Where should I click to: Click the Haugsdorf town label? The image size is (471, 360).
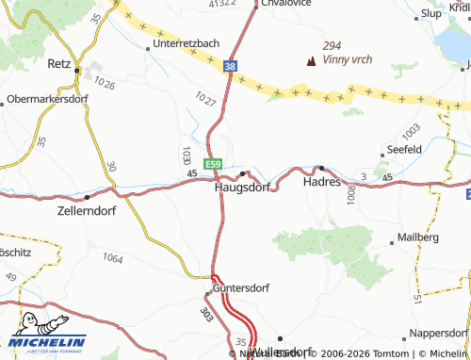242,187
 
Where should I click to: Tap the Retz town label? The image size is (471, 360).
59,64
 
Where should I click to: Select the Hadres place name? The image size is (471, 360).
321,183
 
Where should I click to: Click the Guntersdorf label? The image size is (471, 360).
242,287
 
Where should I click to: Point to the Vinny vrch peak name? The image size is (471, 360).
347,59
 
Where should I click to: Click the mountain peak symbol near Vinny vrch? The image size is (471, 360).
311,61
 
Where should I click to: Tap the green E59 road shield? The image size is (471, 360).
214,164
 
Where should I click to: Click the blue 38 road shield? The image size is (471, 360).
231,67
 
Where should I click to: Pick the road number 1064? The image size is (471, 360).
113,257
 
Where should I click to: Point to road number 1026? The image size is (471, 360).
104,85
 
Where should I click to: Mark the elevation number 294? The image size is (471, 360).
332,45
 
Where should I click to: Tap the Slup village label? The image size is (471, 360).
432,13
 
